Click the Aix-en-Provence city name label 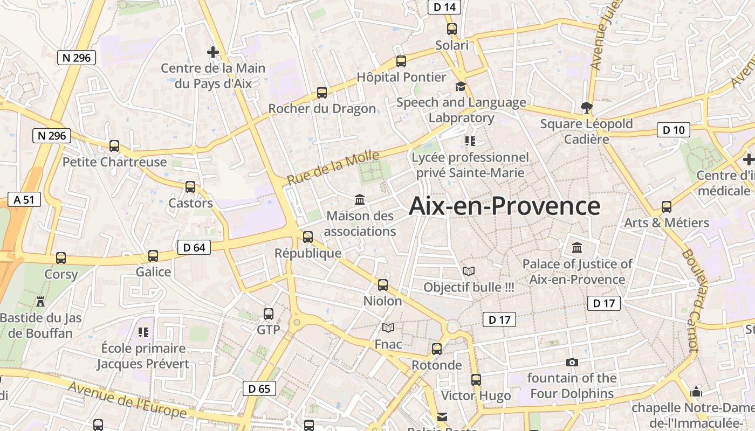[x=504, y=206]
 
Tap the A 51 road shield [x=24, y=199]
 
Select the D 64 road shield [x=194, y=247]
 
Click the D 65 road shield [x=259, y=388]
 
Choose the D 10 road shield [x=673, y=130]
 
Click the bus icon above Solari [x=452, y=29]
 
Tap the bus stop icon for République [x=308, y=237]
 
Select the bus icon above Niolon [x=383, y=284]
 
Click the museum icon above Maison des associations [x=360, y=200]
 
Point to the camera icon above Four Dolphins [x=572, y=362]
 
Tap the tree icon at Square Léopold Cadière [x=586, y=107]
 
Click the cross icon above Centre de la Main [x=213, y=52]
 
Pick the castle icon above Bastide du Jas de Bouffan [x=40, y=301]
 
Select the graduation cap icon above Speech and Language [x=461, y=86]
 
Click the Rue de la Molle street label [x=333, y=168]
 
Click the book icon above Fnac [x=388, y=328]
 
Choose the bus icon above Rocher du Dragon [x=322, y=92]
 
